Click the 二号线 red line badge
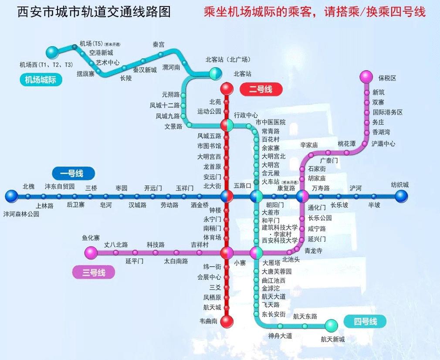[261, 90]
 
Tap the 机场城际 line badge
[41, 80]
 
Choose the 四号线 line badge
[365, 322]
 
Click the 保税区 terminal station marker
[366, 77]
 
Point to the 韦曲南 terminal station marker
[227, 322]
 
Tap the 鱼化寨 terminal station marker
[91, 252]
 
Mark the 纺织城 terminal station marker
[401, 196]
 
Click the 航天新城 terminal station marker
[331, 325]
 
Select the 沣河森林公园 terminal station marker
[11, 196]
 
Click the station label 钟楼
[215, 210]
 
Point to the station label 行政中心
[246, 115]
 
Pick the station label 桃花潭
[346, 144]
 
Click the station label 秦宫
[159, 44]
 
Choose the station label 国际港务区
[387, 112]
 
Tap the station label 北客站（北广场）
[228, 60]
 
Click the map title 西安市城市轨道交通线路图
[94, 12]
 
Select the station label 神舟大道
[280, 336]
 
